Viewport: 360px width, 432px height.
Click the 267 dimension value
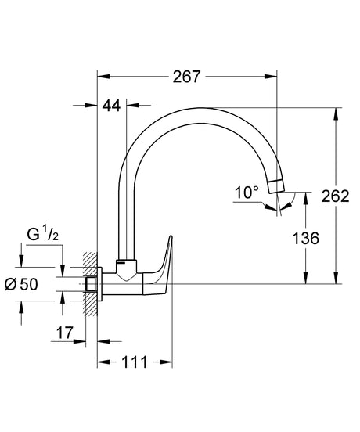(x=186, y=77)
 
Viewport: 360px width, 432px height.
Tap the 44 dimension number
(x=112, y=105)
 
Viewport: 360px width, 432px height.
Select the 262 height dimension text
(x=335, y=196)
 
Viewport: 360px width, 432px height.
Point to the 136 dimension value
(x=305, y=239)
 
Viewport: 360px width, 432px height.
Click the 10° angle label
(x=247, y=193)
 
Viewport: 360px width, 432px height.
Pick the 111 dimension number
(x=135, y=362)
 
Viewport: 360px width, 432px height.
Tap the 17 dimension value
(x=65, y=333)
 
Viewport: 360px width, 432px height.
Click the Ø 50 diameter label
(x=21, y=284)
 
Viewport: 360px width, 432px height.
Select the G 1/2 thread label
(x=43, y=235)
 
